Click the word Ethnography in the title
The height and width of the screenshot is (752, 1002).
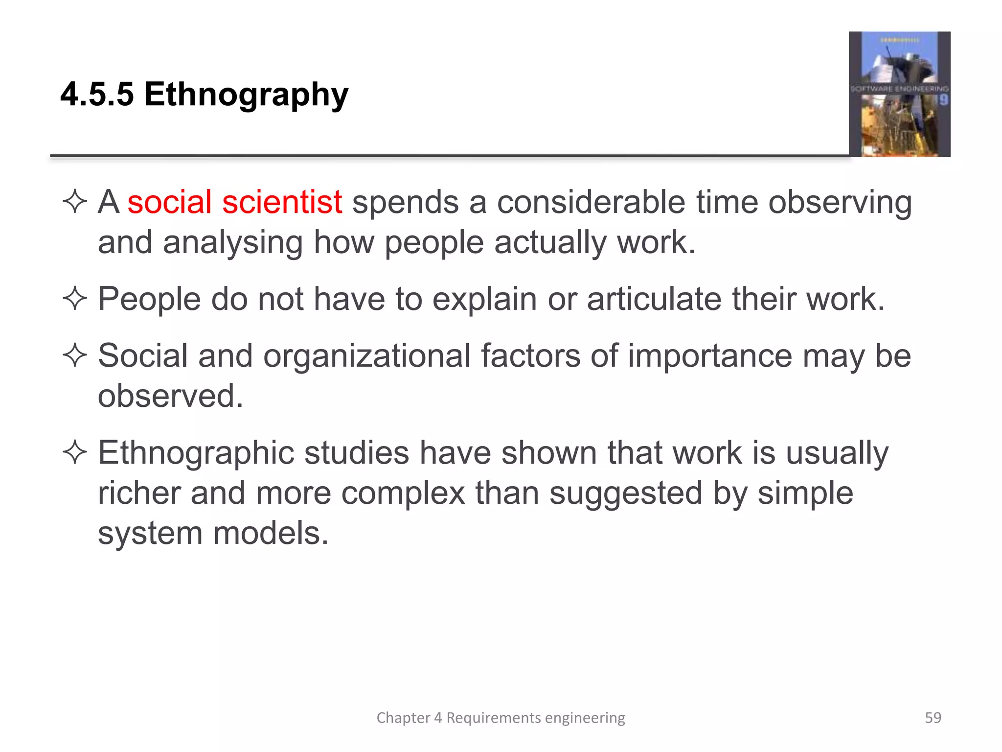246,94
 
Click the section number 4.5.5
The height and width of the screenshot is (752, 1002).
97,94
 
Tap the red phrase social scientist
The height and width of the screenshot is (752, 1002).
234,202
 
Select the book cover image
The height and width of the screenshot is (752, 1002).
899,94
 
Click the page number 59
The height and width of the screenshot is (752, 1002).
933,717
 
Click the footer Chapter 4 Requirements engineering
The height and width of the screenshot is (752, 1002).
501,717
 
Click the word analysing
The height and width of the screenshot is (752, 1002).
233,243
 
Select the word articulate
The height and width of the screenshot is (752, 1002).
654,299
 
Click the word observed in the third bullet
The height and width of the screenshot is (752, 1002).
170,396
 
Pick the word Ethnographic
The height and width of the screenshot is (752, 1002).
196,453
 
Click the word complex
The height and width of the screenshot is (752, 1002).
403,493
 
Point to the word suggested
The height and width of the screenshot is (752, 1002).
626,493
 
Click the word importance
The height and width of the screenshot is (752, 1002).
709,355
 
